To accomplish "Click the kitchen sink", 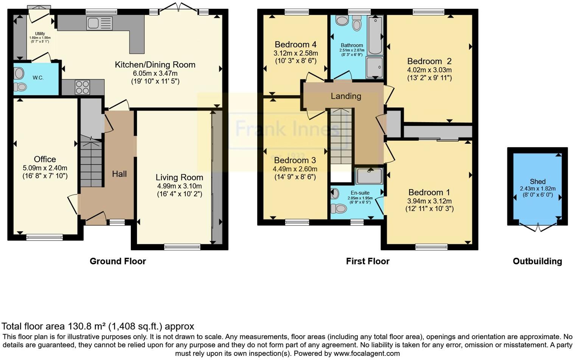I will (x=99, y=23).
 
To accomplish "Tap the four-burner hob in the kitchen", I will (x=82, y=87).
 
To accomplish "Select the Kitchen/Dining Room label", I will (x=155, y=65).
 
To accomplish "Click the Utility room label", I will (x=40, y=34).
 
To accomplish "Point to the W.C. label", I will (x=38, y=78).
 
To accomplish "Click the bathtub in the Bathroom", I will (x=375, y=35).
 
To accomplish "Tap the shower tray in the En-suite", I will (x=369, y=176).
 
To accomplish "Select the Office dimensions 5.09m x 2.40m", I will (x=45, y=168).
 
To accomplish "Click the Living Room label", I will (x=179, y=177).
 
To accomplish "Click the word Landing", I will (x=346, y=96).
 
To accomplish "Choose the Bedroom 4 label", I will (x=295, y=45).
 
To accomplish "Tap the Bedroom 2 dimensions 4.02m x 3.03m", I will (x=429, y=70).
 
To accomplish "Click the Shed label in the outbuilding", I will (x=538, y=182).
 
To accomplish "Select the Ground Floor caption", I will (x=118, y=261).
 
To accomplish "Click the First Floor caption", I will (x=367, y=261).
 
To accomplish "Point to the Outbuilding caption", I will (x=537, y=261).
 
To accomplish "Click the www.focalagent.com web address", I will (x=367, y=354).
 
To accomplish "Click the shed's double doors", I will (x=538, y=227).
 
